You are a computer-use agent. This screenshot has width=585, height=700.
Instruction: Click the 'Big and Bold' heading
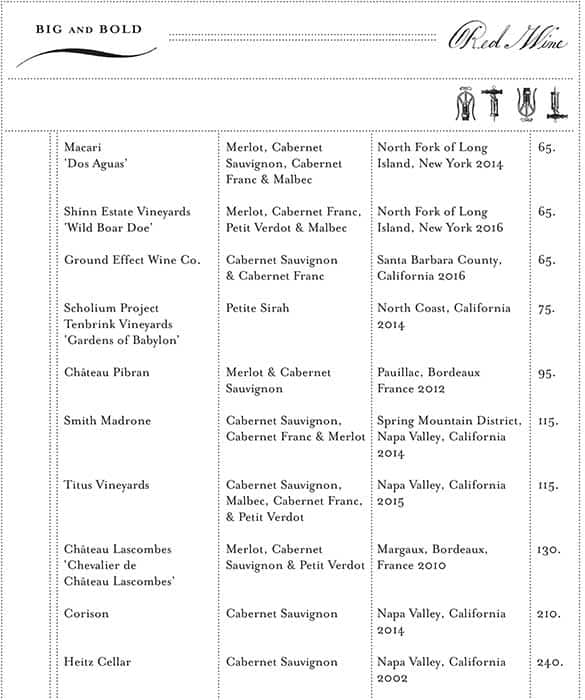pos(89,30)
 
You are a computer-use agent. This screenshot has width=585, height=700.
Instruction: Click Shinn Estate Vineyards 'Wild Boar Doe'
pos(127,220)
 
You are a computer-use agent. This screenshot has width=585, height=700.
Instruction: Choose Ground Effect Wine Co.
pos(132,260)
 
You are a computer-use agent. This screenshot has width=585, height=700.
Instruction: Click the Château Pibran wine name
pos(107,373)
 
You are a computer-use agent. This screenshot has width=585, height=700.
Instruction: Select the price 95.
pos(546,373)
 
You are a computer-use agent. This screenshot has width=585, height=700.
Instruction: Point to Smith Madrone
pos(107,421)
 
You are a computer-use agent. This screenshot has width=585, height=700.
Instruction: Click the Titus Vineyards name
pos(106,485)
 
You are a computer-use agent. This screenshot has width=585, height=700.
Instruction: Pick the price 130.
pos(547,550)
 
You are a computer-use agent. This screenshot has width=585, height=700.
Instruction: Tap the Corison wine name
pos(87,614)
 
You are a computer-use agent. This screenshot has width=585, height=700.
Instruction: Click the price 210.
pos(547,614)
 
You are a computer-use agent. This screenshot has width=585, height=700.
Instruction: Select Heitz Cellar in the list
pos(98,662)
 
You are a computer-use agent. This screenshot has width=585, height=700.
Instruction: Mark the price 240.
pos(547,662)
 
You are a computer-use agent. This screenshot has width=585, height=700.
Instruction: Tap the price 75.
pos(546,309)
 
